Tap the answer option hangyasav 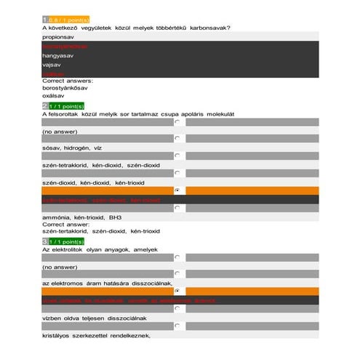tap(59, 54)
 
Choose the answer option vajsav tap(52, 63)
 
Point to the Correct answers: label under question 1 tap(68, 81)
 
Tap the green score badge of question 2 tap(66, 106)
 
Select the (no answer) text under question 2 tap(57, 132)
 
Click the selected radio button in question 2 tap(177, 190)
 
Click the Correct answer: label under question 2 tap(66, 225)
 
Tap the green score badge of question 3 tap(66, 241)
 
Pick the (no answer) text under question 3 tap(57, 267)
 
